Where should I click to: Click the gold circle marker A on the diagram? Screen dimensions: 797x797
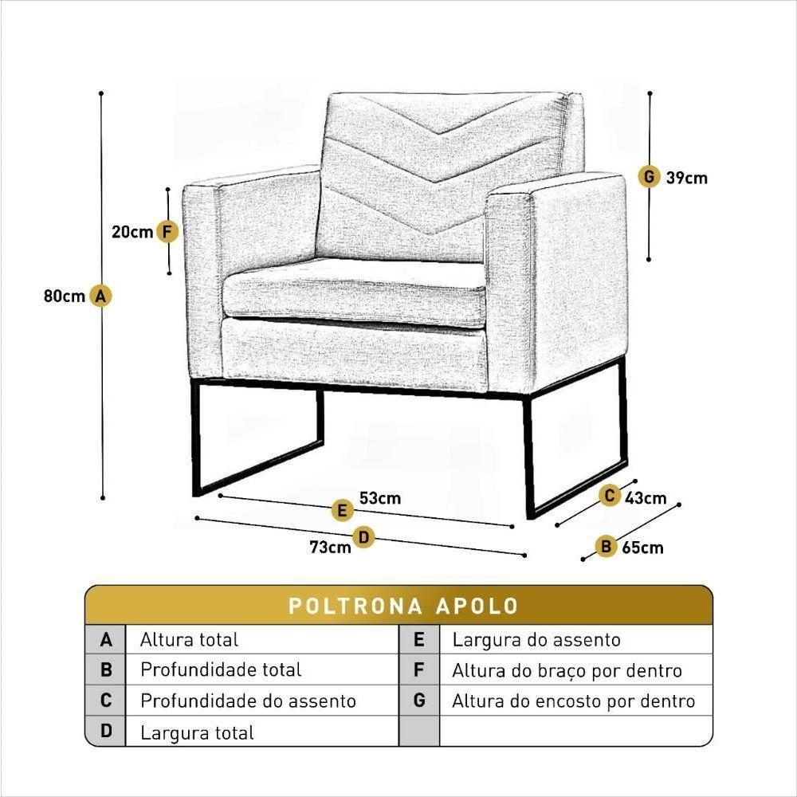[x=100, y=296]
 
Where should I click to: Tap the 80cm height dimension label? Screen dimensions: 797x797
[x=64, y=296]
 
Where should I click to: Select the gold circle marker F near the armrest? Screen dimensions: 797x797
[x=167, y=232]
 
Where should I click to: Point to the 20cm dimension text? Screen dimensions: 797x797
[x=132, y=232]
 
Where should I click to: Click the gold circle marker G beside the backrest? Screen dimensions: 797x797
[x=650, y=176]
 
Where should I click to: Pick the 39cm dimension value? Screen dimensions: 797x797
[x=686, y=178]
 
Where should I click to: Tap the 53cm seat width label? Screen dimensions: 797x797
[x=379, y=499]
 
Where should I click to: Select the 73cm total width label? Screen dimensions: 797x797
[x=330, y=547]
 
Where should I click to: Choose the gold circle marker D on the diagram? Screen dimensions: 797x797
[x=363, y=537]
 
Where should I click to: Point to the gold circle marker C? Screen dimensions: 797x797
[x=609, y=495]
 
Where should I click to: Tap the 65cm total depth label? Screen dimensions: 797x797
[x=642, y=548]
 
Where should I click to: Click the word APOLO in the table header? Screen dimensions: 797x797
[x=477, y=606]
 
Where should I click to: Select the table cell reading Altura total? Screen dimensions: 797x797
[x=189, y=639]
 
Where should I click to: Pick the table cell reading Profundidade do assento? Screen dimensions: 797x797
[x=248, y=701]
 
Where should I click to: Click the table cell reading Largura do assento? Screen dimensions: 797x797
[x=536, y=639]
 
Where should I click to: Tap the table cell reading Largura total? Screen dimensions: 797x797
[x=197, y=732]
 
